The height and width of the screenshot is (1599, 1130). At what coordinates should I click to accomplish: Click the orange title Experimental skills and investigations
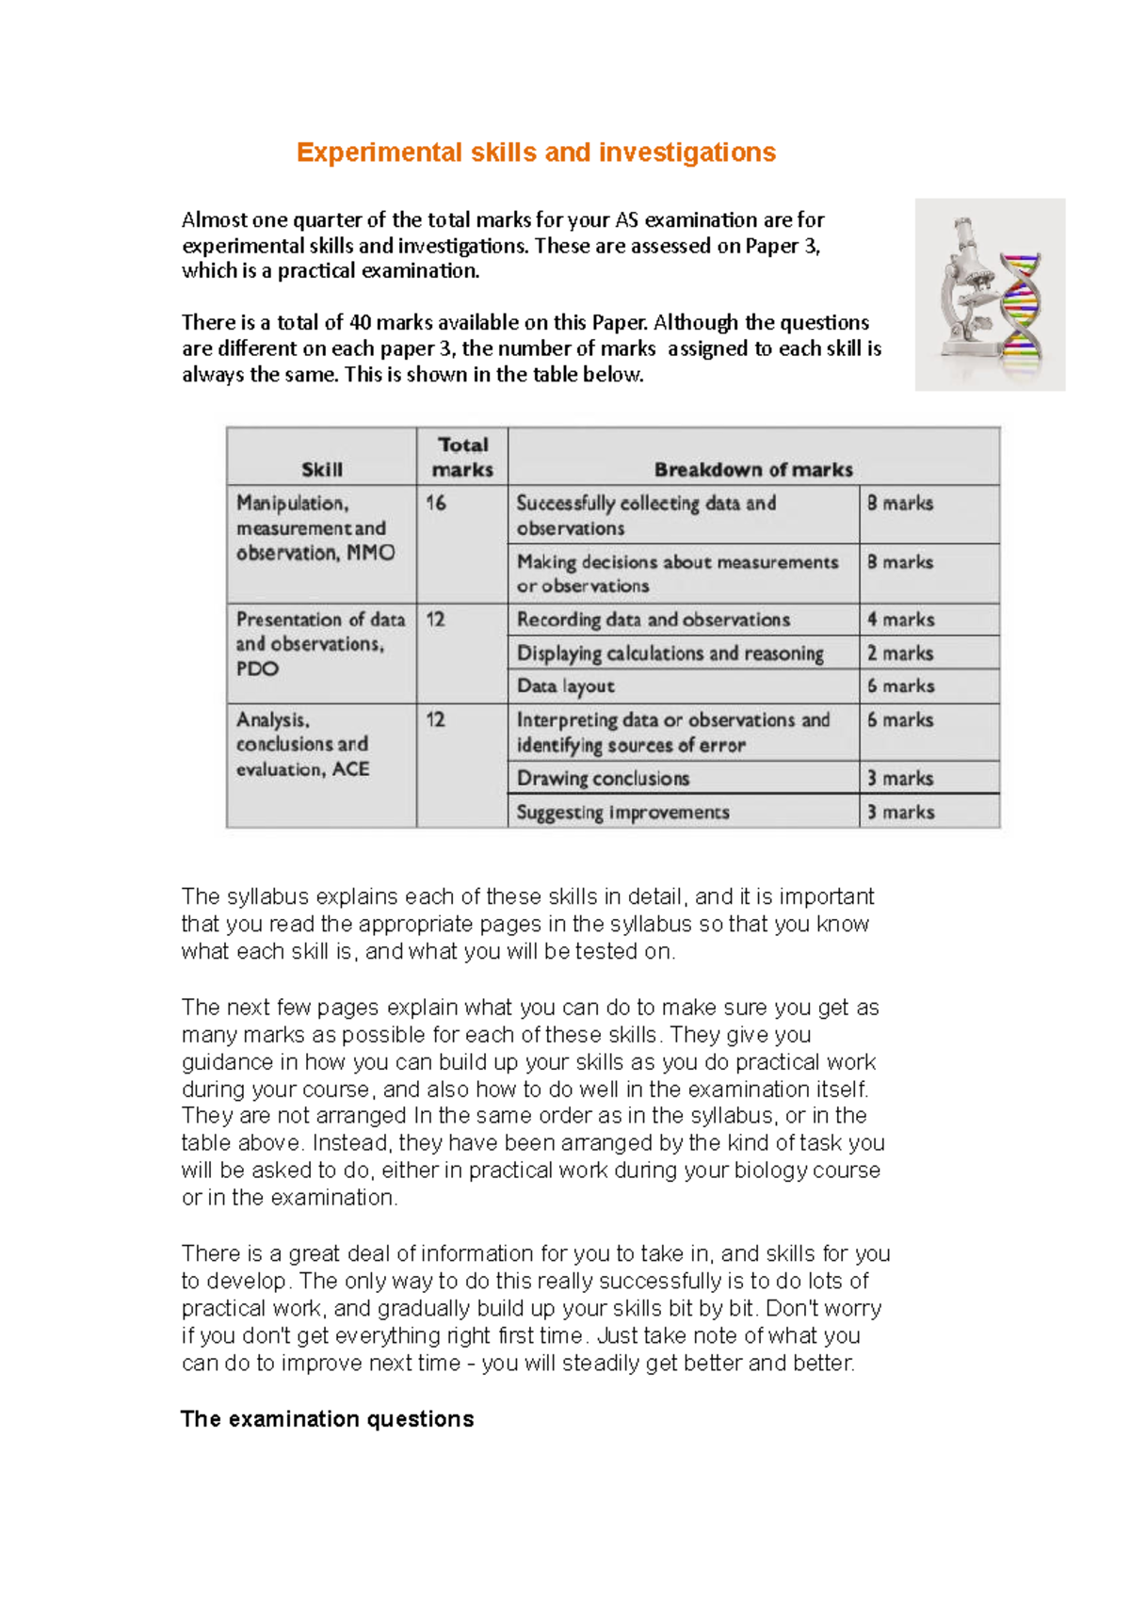[536, 153]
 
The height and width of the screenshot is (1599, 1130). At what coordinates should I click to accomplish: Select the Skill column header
[322, 469]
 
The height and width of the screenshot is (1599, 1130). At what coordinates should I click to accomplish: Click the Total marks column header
[462, 457]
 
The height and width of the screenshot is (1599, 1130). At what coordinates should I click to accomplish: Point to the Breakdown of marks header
[753, 469]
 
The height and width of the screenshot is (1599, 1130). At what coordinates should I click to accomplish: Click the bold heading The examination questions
[327, 1419]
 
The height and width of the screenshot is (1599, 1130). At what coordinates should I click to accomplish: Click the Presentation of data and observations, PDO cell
[320, 644]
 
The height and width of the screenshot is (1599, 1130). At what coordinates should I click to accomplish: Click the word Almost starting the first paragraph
[215, 220]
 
